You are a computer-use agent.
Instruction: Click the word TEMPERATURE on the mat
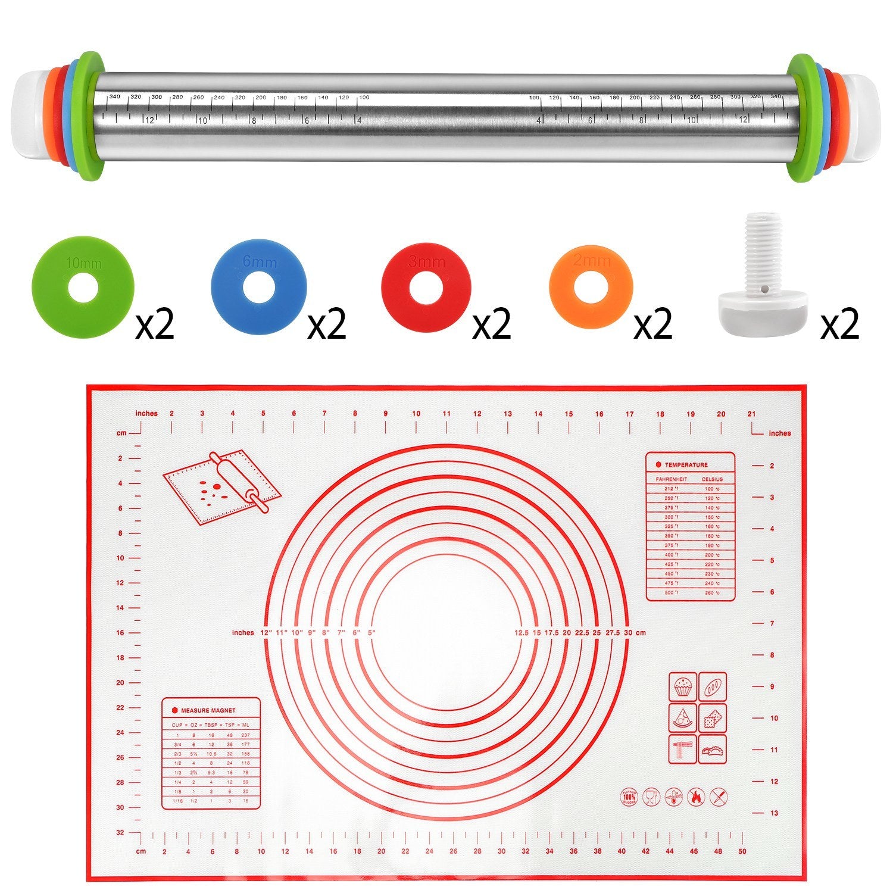click(x=686, y=464)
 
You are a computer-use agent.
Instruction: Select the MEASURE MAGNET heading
click(x=208, y=710)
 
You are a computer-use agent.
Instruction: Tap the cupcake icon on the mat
click(x=682, y=687)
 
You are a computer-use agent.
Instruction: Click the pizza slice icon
click(x=682, y=718)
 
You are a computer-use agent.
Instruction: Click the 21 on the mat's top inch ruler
click(x=752, y=414)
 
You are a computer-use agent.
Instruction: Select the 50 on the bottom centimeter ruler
click(x=742, y=851)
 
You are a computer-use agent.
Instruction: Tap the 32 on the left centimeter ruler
click(x=120, y=832)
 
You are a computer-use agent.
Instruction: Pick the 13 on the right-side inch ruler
click(x=774, y=813)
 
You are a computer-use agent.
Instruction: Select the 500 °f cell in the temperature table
click(x=670, y=592)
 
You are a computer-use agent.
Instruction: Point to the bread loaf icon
click(x=713, y=687)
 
